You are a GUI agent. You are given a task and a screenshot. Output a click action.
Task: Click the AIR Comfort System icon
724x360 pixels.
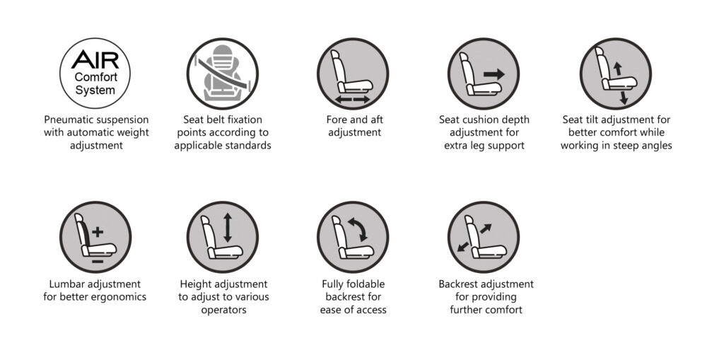[95, 74]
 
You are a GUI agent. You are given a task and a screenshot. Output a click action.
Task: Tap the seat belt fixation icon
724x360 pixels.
[223, 74]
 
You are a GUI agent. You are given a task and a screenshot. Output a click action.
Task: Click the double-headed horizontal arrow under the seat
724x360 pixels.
[353, 99]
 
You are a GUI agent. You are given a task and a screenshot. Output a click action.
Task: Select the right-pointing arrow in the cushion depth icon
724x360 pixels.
[494, 74]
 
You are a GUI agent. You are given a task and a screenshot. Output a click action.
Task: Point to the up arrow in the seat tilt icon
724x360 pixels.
[617, 69]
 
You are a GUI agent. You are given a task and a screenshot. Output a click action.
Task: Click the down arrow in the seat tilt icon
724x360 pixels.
[624, 98]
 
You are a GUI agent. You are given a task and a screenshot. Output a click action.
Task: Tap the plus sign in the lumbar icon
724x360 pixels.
[98, 232]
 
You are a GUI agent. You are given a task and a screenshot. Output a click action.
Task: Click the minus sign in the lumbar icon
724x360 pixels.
[98, 262]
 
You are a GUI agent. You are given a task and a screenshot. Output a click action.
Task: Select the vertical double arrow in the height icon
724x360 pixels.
[228, 227]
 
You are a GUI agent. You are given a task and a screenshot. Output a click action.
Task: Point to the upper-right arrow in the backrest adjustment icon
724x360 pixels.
[486, 228]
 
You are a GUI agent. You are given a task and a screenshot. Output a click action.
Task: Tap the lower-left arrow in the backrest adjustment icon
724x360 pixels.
[462, 247]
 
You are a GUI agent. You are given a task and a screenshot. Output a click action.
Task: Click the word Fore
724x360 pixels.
[336, 120]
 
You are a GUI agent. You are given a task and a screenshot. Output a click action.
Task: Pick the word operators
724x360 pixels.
[223, 310]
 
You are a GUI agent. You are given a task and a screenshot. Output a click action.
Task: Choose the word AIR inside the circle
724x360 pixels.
[95, 59]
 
